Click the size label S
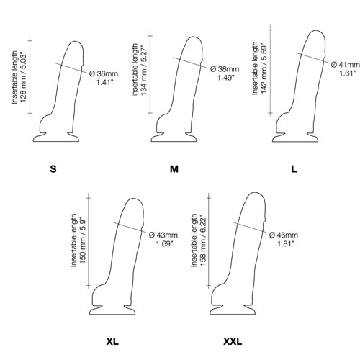tap(53, 169)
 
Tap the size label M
tap(174, 169)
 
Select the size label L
tap(294, 169)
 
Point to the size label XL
tap(112, 341)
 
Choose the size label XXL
tap(233, 341)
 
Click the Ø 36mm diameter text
tap(104, 73)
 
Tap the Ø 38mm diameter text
tap(225, 69)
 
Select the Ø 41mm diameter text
tap(346, 65)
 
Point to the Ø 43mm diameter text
tap(163, 235)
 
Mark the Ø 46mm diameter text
tap(284, 235)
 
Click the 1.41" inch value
tap(104, 82)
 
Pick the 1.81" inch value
tap(286, 243)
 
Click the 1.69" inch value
tap(165, 243)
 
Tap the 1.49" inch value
tap(226, 78)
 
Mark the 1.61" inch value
tap(347, 73)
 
